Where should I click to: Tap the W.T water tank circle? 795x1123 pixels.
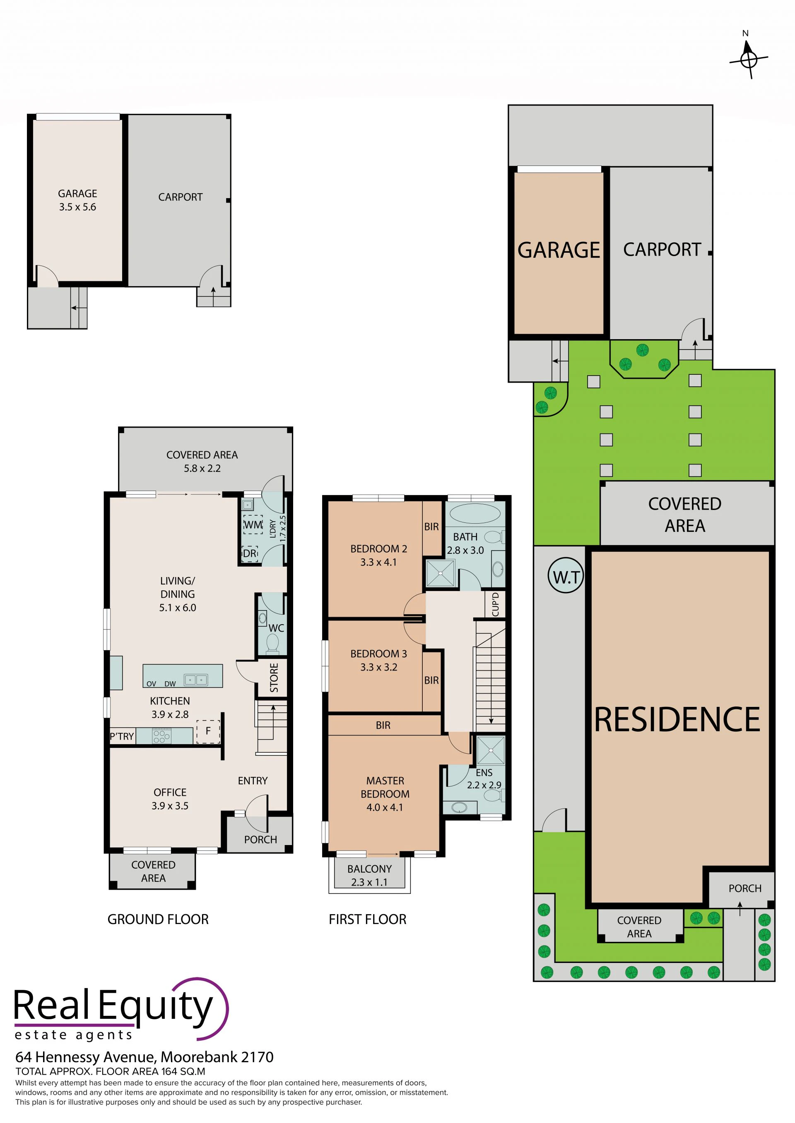click(x=566, y=577)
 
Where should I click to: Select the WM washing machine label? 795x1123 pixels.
click(x=253, y=525)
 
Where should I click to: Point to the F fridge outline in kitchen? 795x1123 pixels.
click(x=208, y=731)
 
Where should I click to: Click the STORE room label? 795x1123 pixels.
click(x=274, y=678)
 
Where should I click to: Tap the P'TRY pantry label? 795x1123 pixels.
click(x=121, y=736)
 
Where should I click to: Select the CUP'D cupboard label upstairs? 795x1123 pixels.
click(x=495, y=605)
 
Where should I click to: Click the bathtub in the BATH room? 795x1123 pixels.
click(x=475, y=515)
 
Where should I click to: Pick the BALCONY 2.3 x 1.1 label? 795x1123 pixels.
click(x=370, y=876)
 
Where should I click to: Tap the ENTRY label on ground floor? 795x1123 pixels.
click(x=253, y=781)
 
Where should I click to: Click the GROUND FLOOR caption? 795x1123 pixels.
click(x=158, y=919)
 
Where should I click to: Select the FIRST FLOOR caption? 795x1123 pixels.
click(x=368, y=919)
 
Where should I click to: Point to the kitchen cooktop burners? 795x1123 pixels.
click(x=162, y=736)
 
